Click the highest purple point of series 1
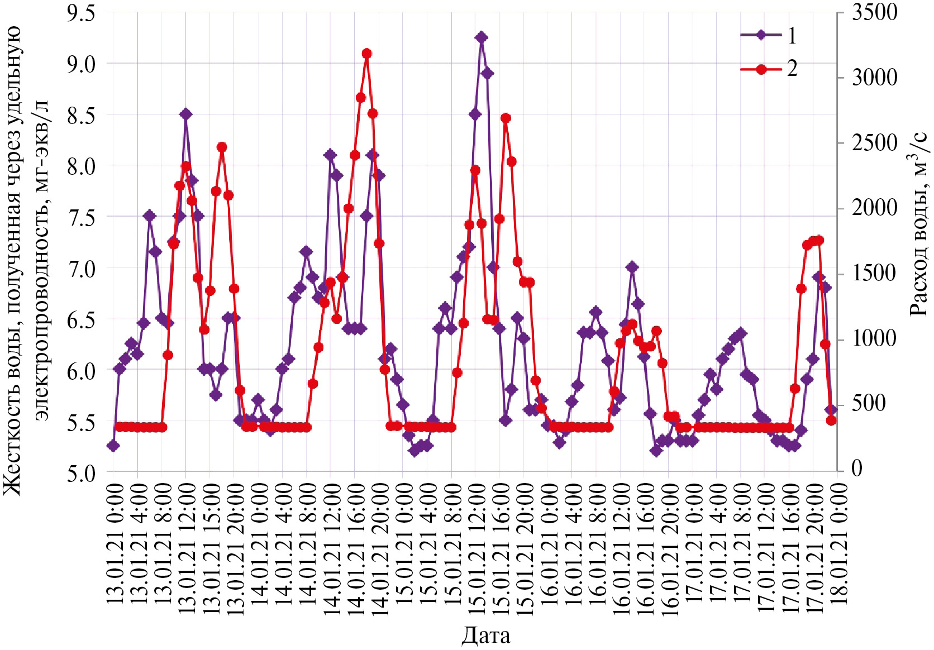[x=481, y=37]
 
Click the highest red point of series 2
[x=366, y=54]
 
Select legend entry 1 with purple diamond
[x=761, y=35]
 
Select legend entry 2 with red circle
[x=761, y=69]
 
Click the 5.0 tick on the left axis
[x=81, y=474]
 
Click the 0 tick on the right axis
[x=857, y=469]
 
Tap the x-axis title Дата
[x=485, y=635]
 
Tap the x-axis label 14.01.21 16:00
[x=356, y=550]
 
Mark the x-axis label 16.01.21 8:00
[x=597, y=547]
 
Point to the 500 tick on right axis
[x=868, y=404]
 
